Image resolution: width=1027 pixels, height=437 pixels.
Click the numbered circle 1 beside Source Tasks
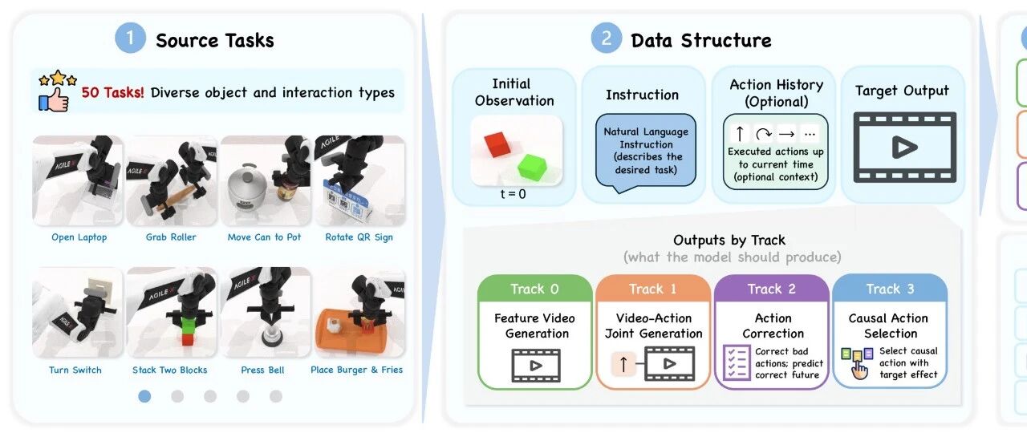tap(130, 38)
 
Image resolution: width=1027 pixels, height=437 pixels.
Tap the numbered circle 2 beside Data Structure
tap(606, 38)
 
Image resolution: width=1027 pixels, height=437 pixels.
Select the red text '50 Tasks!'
tap(113, 92)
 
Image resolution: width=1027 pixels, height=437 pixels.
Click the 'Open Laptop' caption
tap(79, 237)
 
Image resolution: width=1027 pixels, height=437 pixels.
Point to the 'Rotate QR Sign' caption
tap(359, 237)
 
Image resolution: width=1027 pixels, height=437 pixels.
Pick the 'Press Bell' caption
tap(262, 370)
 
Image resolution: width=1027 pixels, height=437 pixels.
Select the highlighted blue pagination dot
tap(144, 396)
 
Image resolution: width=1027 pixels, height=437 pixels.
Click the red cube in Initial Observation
tap(497, 144)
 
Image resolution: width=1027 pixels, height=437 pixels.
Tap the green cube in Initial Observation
tap(532, 167)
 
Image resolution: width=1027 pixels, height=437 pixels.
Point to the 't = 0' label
tap(513, 194)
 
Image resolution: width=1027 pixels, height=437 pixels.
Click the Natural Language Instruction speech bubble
tap(646, 151)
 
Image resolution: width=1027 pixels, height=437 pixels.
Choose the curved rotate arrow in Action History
tap(763, 134)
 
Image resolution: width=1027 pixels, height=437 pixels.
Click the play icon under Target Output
tap(904, 148)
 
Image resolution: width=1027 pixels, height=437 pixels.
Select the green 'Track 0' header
tap(534, 289)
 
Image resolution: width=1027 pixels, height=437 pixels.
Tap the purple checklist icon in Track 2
tap(737, 362)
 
